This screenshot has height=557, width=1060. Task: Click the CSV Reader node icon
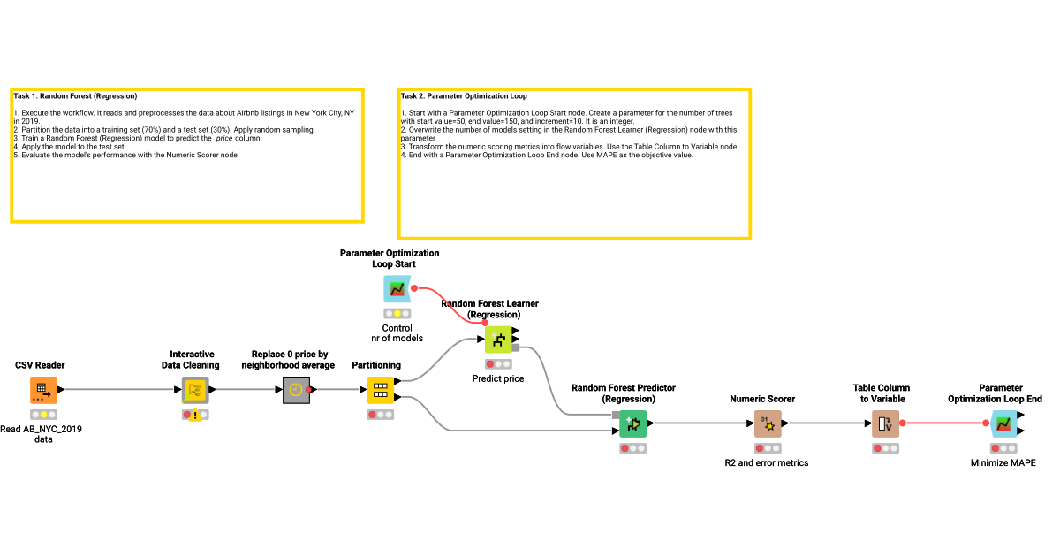click(43, 390)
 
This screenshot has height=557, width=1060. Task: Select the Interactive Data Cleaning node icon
click(195, 390)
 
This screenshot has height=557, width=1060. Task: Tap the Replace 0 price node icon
click(296, 390)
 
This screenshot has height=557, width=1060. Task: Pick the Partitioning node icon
click(380, 390)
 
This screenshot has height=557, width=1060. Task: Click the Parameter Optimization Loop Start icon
click(397, 288)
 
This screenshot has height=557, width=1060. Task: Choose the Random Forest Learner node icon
click(498, 340)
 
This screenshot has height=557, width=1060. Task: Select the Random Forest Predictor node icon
click(632, 424)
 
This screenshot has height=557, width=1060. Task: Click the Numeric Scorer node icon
click(768, 424)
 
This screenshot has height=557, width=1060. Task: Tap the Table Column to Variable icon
click(885, 424)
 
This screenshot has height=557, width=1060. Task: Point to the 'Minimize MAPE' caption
click(1003, 462)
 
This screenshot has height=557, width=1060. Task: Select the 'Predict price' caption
click(498, 378)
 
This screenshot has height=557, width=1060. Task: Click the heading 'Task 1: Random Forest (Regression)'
click(75, 95)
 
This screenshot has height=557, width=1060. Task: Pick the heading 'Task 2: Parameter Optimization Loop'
click(464, 95)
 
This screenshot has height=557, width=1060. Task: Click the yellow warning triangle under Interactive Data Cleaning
click(195, 416)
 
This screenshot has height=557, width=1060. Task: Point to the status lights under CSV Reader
click(43, 414)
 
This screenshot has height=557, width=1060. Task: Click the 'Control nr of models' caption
click(397, 332)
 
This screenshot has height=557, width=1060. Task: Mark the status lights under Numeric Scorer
click(768, 448)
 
